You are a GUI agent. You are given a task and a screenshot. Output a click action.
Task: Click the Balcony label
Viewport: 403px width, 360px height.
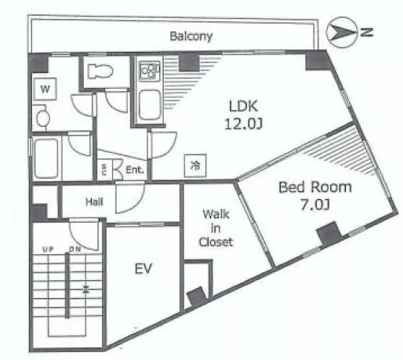point(191,36)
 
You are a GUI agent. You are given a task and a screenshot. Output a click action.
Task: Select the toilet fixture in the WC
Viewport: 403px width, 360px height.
point(100,71)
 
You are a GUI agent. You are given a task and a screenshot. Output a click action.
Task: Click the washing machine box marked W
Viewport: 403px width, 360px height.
point(45,89)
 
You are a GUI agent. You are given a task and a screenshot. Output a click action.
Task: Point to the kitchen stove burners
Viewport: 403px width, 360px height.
point(149,71)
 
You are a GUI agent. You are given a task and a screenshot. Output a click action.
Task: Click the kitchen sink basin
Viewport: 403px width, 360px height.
point(150,105)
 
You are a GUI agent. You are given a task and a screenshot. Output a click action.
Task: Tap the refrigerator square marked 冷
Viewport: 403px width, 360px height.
point(195,165)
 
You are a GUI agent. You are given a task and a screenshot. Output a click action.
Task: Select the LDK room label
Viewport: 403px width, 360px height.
point(243,106)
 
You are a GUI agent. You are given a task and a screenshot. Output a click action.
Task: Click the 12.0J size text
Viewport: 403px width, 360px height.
point(243,124)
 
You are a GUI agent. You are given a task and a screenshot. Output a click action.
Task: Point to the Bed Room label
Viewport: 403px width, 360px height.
point(315,187)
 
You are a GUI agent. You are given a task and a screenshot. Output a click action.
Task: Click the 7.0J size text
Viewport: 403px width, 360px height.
point(315,205)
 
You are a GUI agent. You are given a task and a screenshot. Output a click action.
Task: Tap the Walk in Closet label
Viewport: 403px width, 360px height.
point(216,228)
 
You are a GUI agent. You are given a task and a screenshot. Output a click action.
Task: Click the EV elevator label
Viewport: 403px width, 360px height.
point(143,268)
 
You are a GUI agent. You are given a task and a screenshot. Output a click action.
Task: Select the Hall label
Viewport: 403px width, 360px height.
point(94,202)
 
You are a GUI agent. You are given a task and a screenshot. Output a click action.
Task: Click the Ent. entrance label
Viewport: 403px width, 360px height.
point(135,170)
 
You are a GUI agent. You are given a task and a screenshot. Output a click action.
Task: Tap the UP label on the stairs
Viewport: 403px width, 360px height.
point(48,249)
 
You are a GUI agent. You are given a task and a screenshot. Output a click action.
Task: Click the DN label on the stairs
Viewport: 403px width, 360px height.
point(74,249)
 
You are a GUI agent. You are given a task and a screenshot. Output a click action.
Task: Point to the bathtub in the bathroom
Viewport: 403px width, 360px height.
point(46,158)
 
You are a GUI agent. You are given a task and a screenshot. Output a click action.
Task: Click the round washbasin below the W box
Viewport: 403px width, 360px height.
point(42,118)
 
